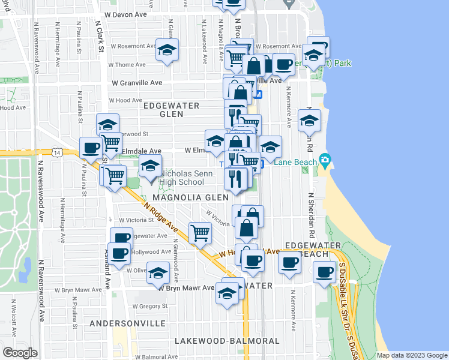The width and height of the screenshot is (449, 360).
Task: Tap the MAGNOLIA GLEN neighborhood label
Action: pos(190,197)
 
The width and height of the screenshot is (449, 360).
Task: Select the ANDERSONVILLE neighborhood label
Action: pos(127,323)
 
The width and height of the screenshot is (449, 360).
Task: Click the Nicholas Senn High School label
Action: pos(182,178)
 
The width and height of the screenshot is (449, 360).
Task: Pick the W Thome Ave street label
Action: pos(127,65)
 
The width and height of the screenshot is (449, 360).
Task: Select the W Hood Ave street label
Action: pos(125,101)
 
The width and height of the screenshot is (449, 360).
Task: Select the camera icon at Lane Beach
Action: pos(325,160)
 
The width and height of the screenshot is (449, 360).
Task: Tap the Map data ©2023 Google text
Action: pos(411,355)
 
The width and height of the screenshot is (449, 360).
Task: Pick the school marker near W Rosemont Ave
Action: pos(167,50)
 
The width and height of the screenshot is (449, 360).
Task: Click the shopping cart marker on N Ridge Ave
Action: pos(200,233)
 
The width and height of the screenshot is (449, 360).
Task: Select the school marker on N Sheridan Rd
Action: pos(310,119)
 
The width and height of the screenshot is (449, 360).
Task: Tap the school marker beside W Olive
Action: pos(158,273)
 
